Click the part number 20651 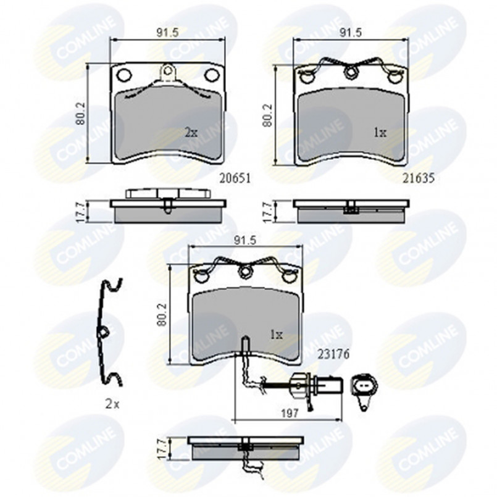(x=235, y=178)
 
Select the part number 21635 (x=419, y=178)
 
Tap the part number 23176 (x=333, y=354)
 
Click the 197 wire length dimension (x=290, y=413)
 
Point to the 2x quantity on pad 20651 (x=191, y=133)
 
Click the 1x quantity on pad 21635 (x=380, y=133)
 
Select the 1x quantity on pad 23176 (x=277, y=335)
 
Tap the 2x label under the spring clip (x=112, y=404)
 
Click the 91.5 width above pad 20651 (x=168, y=33)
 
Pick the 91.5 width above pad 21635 (x=351, y=33)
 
